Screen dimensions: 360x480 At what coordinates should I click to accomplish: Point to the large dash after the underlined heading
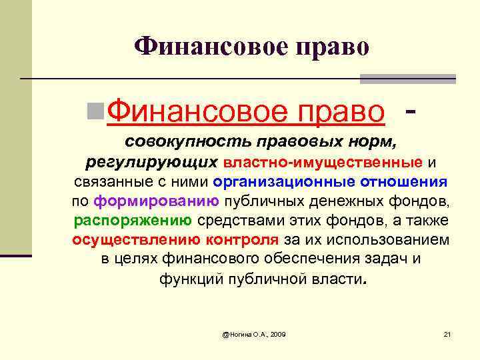[412, 106]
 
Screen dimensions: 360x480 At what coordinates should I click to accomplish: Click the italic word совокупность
[175, 142]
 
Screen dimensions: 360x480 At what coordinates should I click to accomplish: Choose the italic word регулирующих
[152, 162]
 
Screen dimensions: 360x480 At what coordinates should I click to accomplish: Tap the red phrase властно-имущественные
[323, 162]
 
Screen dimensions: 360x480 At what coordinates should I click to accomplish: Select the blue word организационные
[285, 182]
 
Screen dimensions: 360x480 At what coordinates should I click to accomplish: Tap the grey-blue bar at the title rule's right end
[407, 79]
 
